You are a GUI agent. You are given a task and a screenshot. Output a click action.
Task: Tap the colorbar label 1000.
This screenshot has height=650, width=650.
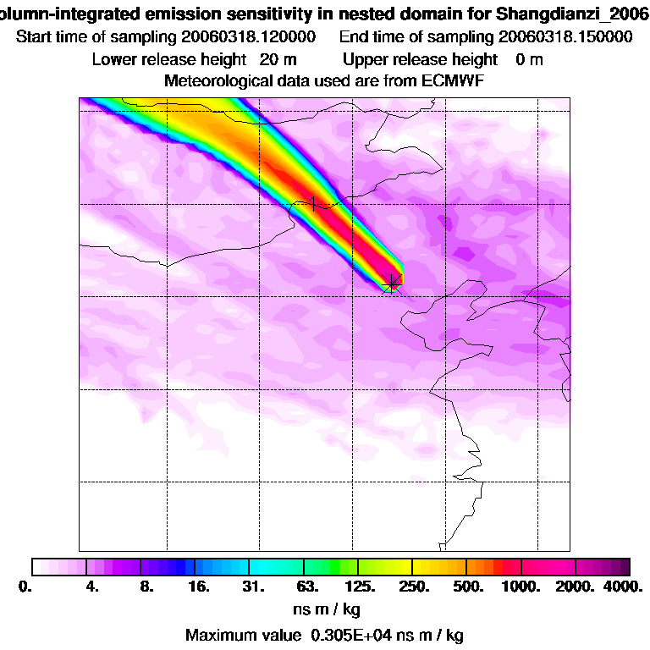coord(520,587)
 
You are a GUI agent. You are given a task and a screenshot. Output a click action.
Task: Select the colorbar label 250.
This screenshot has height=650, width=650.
coord(413,587)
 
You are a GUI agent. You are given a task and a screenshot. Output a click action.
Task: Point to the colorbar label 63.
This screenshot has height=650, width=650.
coord(307,587)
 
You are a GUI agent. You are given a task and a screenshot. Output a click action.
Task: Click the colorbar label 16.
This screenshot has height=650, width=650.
coord(198,587)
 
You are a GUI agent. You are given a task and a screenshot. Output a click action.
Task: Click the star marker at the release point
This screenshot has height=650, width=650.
coord(393,283)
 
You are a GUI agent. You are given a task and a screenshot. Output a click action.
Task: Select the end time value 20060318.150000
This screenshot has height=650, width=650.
coord(565,37)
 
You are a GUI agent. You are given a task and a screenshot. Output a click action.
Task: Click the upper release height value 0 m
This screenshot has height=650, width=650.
coord(529,59)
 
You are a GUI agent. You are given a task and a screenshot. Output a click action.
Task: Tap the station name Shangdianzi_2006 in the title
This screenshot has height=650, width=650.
coord(565,14)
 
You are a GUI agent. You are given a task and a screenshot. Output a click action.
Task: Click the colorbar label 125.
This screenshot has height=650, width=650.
coord(360,587)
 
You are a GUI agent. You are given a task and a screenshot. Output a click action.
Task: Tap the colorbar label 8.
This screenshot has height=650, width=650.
coord(146,587)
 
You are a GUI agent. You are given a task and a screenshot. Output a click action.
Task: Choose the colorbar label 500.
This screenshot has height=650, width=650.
coord(466,587)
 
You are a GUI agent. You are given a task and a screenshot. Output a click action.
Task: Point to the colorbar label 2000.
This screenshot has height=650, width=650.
coord(573,587)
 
